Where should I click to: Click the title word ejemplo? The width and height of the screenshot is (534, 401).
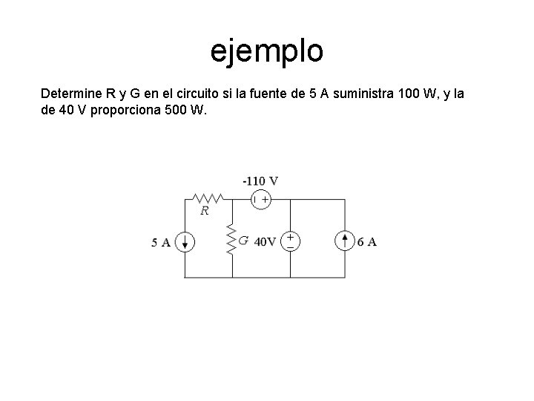click(267, 52)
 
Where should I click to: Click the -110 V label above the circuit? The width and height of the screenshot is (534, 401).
click(260, 180)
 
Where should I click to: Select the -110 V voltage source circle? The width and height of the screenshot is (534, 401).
click(260, 199)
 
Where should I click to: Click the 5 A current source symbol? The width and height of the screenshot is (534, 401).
click(185, 241)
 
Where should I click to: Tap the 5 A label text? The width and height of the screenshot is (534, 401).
click(161, 242)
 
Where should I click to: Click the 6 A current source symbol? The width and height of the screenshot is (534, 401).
click(346, 241)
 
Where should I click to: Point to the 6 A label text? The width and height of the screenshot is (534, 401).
click(366, 242)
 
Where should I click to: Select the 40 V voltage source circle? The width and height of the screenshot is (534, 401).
click(289, 240)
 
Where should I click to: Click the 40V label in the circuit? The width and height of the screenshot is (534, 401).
click(265, 241)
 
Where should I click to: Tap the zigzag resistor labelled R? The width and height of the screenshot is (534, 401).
click(209, 199)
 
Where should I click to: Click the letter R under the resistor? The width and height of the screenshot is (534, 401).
click(205, 210)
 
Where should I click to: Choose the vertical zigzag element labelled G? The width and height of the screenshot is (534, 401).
click(231, 239)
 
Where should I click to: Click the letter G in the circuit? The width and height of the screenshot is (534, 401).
click(243, 241)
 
